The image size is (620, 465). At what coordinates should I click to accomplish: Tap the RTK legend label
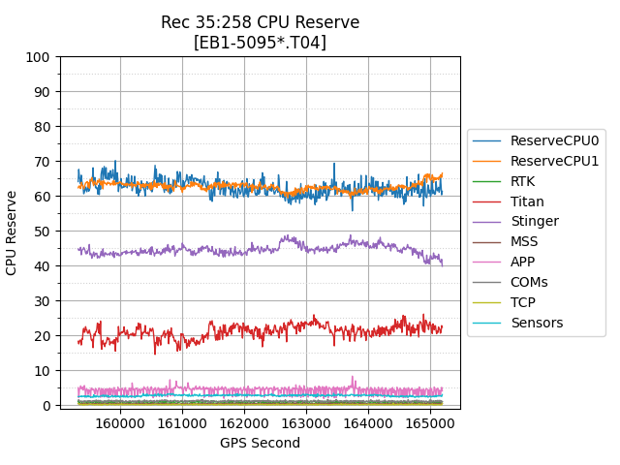point(522,181)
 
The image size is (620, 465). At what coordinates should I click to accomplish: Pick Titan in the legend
point(527,201)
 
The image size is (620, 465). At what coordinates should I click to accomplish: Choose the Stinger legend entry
point(534,222)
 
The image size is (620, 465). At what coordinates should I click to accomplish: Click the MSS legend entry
point(524,242)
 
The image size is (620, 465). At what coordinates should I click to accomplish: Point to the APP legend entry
point(522,262)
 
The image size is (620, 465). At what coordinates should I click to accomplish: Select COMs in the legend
point(529,282)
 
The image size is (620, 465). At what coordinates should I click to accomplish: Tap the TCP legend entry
point(522,302)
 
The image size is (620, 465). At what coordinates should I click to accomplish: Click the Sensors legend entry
point(537,323)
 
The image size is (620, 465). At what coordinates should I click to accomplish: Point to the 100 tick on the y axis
point(38,57)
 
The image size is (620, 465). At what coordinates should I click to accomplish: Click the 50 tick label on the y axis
point(42,232)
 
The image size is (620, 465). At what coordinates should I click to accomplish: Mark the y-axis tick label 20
point(42,336)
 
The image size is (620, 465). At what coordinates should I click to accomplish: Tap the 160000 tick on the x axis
point(120,423)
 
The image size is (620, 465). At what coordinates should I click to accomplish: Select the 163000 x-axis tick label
point(306,423)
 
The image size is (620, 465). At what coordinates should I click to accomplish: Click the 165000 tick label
point(430,423)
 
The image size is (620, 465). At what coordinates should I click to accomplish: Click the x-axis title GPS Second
point(260,444)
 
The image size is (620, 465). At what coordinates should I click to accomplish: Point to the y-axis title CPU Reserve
point(13,232)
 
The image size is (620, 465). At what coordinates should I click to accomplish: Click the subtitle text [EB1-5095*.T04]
point(260,43)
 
